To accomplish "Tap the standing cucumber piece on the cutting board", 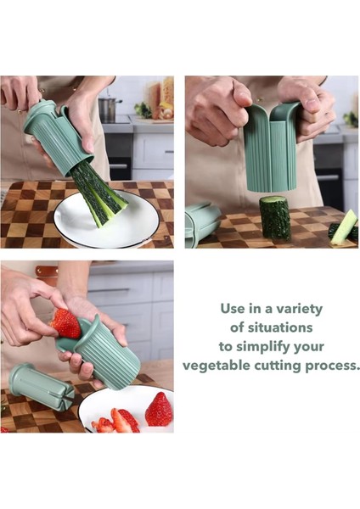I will (x=273, y=218).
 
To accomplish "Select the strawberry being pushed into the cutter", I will (x=66, y=323).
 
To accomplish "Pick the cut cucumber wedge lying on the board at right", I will (x=344, y=227).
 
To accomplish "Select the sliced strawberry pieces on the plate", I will (x=117, y=421).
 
